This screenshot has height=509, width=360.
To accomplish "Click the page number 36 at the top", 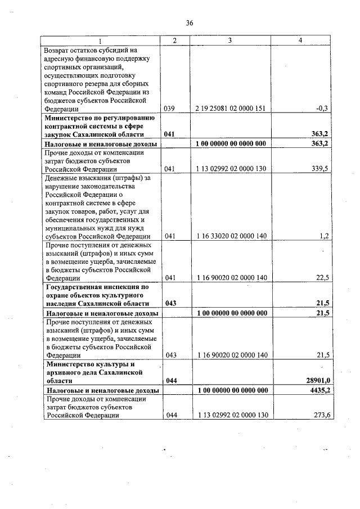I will [190, 22].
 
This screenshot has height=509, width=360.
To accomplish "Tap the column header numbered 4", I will [300, 40].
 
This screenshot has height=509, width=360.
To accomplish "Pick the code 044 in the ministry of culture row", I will [172, 381].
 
